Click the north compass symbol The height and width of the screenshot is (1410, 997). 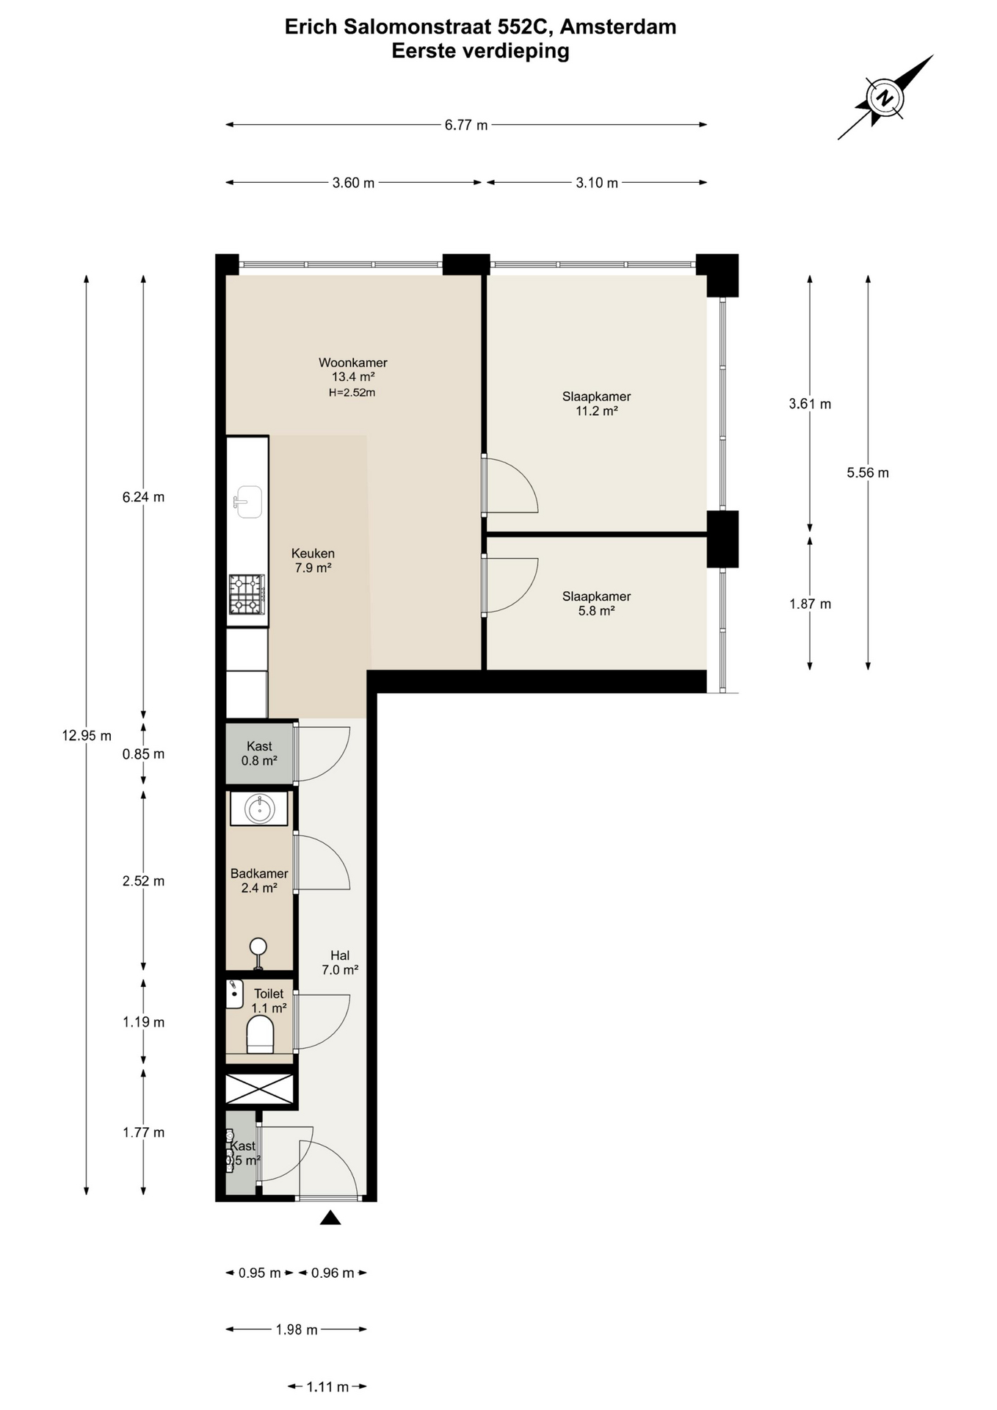click(885, 97)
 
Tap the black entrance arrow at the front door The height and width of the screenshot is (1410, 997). click(330, 1218)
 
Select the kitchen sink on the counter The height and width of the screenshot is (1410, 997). click(247, 502)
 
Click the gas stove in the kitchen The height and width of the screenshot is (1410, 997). click(247, 594)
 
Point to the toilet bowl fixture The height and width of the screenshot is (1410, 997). click(260, 1035)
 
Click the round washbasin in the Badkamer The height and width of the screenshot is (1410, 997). click(258, 809)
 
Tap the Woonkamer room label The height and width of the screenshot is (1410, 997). click(352, 362)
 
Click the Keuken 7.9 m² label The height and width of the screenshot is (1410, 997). click(313, 560)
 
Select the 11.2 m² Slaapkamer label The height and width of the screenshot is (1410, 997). click(596, 403)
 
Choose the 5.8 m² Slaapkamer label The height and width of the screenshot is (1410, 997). click(596, 603)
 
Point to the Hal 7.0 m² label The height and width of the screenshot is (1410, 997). click(340, 963)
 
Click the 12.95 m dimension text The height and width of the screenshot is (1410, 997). click(87, 735)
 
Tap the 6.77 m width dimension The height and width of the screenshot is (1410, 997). click(466, 125)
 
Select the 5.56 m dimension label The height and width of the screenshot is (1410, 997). click(868, 472)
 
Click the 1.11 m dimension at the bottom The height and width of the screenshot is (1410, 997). click(327, 1386)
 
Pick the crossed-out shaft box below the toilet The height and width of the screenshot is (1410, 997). click(259, 1088)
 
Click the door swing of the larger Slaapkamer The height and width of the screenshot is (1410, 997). click(512, 485)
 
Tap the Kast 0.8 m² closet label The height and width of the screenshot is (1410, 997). click(259, 753)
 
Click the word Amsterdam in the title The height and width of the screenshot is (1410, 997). click(618, 27)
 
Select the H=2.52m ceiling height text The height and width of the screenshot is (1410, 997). click(352, 392)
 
